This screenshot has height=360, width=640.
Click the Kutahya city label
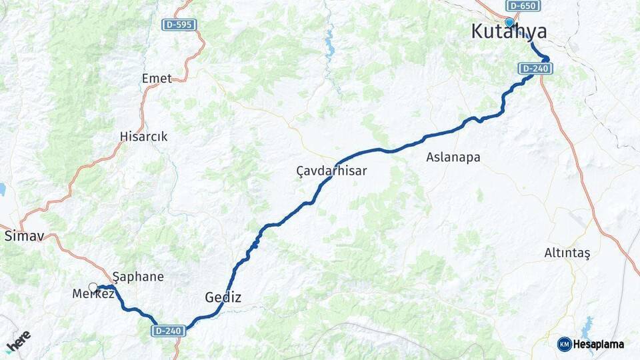click(509, 32)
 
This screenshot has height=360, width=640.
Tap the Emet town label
click(157, 79)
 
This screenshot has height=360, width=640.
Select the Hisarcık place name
click(143, 137)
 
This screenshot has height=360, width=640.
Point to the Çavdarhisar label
click(331, 171)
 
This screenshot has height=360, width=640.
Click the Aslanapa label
click(453, 157)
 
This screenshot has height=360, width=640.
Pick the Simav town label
click(19, 236)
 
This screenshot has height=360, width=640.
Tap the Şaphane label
click(138, 276)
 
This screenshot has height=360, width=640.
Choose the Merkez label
click(93, 294)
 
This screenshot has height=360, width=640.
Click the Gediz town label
click(223, 297)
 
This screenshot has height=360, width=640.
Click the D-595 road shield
click(179, 25)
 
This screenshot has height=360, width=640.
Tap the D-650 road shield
click(523, 6)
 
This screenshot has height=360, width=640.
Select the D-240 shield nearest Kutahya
click(535, 68)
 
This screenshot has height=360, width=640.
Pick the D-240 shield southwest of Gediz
click(168, 330)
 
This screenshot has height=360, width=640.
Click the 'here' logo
click(18, 341)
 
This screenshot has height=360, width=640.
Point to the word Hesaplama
click(599, 344)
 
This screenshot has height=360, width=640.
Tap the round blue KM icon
click(565, 344)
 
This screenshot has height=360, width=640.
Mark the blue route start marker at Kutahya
click(509, 23)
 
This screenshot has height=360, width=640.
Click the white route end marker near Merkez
click(93, 287)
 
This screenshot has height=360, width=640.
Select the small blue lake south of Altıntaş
click(587, 328)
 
